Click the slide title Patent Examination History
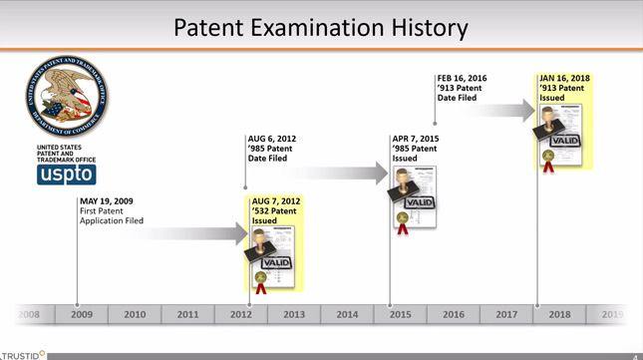(321, 27)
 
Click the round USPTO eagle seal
(68, 98)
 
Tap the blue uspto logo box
(67, 175)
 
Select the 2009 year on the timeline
(82, 314)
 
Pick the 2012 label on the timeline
(241, 314)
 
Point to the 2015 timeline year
(400, 314)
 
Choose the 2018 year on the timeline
(559, 314)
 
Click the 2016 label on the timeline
(454, 314)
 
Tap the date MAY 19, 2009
(107, 201)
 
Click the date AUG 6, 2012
(271, 139)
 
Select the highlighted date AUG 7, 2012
(276, 201)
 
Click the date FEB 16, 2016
(462, 78)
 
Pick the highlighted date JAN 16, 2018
(564, 78)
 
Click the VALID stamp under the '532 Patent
(275, 263)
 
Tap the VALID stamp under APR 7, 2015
(419, 202)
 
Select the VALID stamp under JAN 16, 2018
(563, 141)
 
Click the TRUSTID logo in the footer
(22, 354)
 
